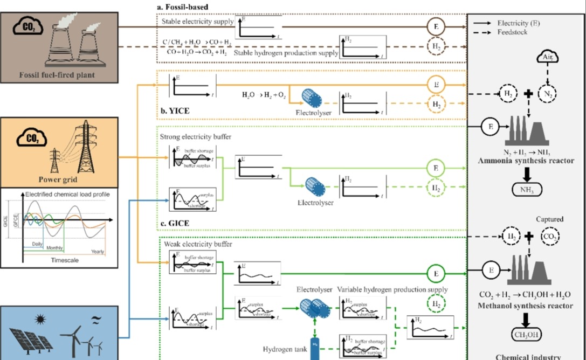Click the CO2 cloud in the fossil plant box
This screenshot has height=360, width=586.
(27, 25)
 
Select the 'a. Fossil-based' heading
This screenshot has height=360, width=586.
(183, 6)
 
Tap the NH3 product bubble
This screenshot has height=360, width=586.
(526, 189)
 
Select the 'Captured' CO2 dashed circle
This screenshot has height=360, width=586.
(550, 236)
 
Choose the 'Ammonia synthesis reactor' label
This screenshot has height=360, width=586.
(526, 161)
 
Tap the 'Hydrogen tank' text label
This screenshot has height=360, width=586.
(285, 349)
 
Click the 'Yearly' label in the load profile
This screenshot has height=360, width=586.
(98, 251)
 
